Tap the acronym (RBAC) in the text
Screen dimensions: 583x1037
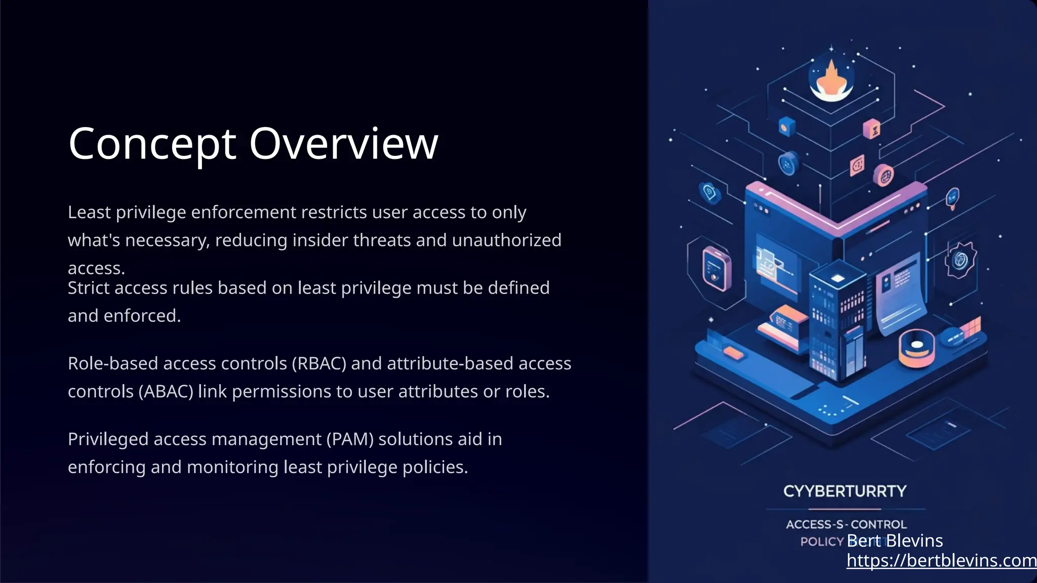(x=318, y=363)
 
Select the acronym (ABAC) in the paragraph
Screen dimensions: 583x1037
(x=166, y=391)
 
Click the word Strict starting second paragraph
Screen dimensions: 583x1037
(x=90, y=287)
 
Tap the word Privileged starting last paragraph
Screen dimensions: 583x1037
(x=108, y=439)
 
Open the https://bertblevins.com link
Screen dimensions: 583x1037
(x=941, y=560)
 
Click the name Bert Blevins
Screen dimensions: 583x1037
(x=894, y=540)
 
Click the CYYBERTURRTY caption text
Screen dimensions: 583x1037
(x=845, y=491)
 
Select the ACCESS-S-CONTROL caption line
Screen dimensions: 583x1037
(x=846, y=524)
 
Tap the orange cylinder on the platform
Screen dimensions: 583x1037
(x=916, y=348)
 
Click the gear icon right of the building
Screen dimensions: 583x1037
(x=960, y=260)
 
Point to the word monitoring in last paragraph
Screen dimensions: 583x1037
(x=232, y=467)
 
